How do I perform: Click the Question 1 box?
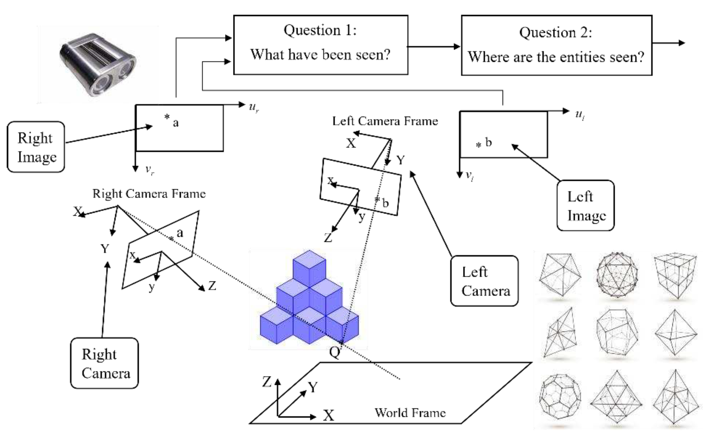pyautogui.click(x=320, y=45)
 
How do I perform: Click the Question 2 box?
pyautogui.click(x=556, y=46)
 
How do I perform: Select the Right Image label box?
pyautogui.click(x=36, y=147)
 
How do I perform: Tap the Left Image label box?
pyautogui.click(x=585, y=205)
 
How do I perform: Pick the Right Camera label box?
pyautogui.click(x=104, y=363)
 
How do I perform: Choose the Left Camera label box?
pyautogui.click(x=484, y=281)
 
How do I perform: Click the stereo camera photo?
pyautogui.click(x=97, y=65)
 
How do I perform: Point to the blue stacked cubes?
pyautogui.click(x=309, y=300)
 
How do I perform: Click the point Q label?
pyautogui.click(x=334, y=352)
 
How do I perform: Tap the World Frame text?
pyautogui.click(x=410, y=413)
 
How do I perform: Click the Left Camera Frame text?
pyautogui.click(x=385, y=121)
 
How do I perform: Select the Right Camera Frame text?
pyautogui.click(x=149, y=194)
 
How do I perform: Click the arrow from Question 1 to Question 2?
pyautogui.click(x=434, y=46)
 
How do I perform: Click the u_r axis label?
pyautogui.click(x=254, y=107)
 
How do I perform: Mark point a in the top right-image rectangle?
pyautogui.click(x=167, y=117)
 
